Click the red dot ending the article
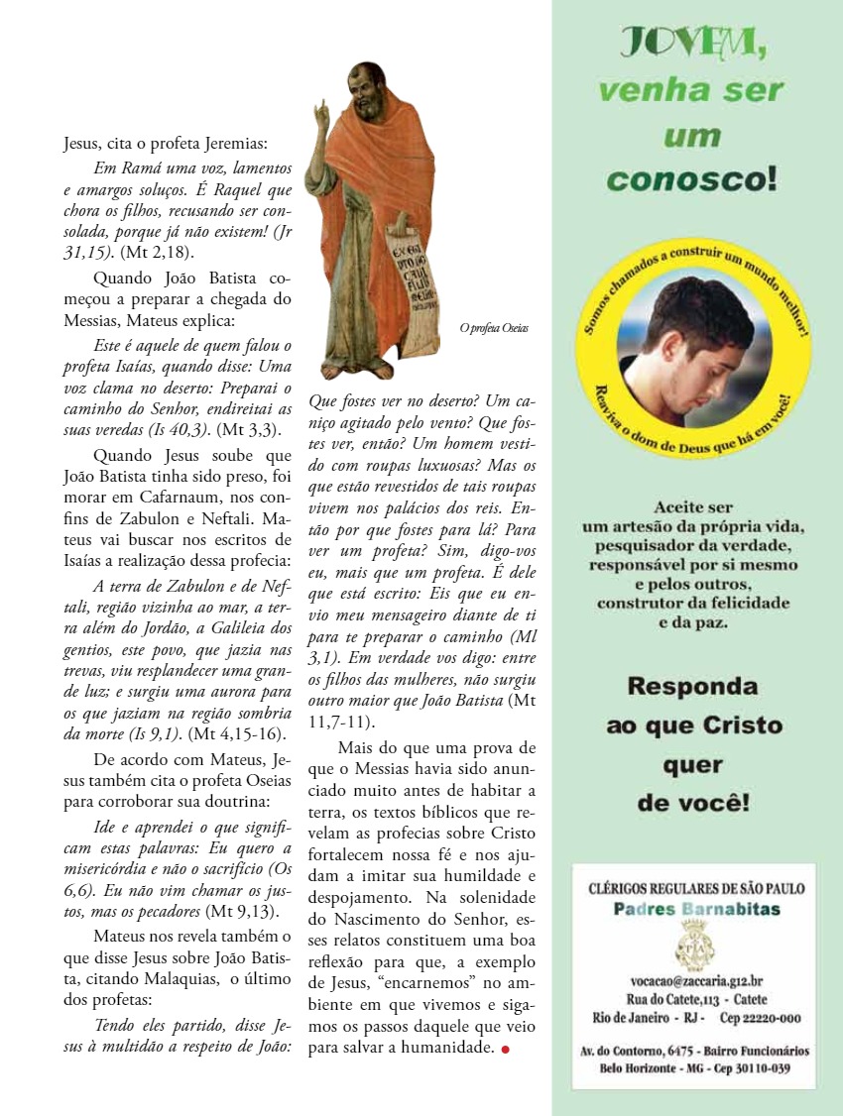506,1051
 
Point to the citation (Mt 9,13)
242,911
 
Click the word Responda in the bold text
693,686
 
